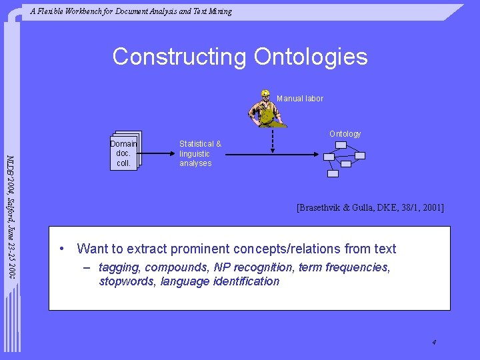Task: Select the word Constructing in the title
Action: tap(180, 57)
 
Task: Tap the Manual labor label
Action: tap(300, 99)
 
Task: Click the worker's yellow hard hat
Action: tap(265, 93)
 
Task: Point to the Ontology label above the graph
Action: tap(345, 134)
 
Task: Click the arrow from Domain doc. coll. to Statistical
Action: tap(158, 154)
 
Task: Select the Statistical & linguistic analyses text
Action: tap(199, 154)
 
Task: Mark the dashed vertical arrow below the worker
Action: tap(272, 140)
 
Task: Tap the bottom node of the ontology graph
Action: tap(333, 173)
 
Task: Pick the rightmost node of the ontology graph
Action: tap(360, 156)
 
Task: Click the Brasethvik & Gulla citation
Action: tap(370, 208)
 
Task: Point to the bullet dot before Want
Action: tap(61, 249)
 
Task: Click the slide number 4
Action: tap(434, 343)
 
